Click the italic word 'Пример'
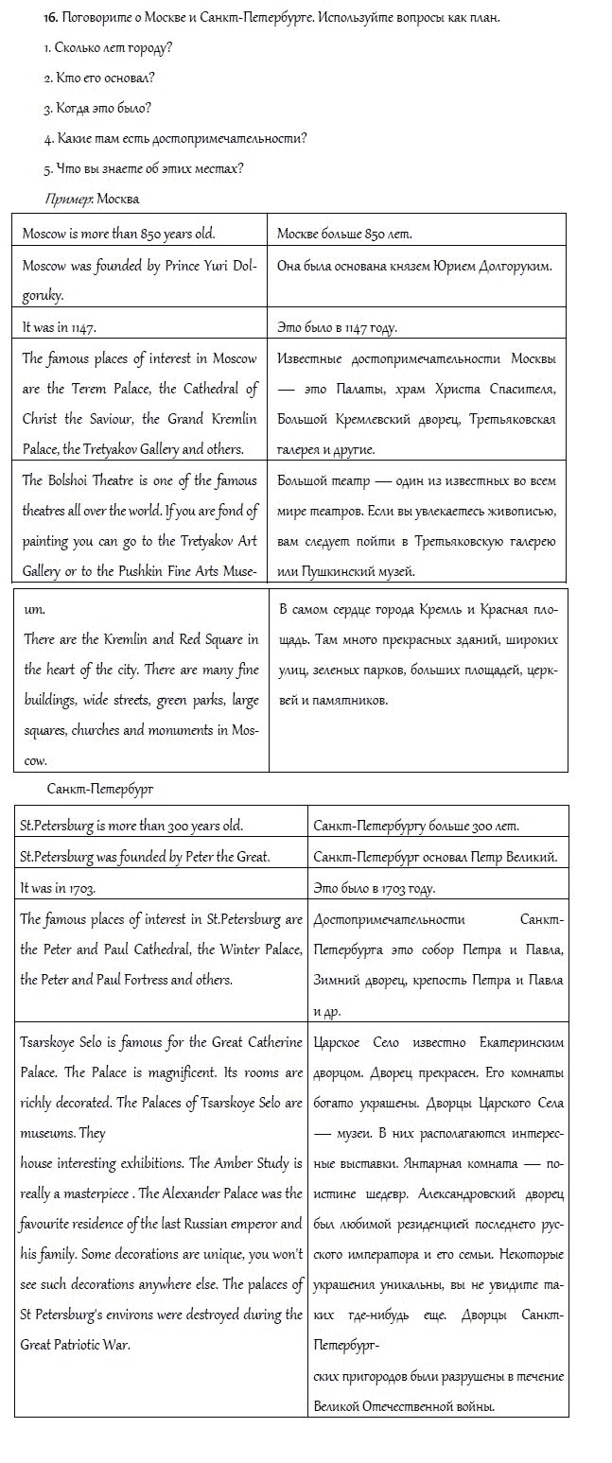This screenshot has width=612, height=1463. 68,199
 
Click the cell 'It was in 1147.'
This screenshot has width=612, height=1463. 60,327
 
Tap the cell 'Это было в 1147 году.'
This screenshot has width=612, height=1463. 338,327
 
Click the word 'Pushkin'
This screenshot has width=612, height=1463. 143,571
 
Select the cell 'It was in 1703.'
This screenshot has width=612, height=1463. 58,888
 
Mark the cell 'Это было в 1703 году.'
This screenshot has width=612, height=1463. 374,888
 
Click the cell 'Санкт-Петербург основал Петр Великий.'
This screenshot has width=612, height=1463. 434,857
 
